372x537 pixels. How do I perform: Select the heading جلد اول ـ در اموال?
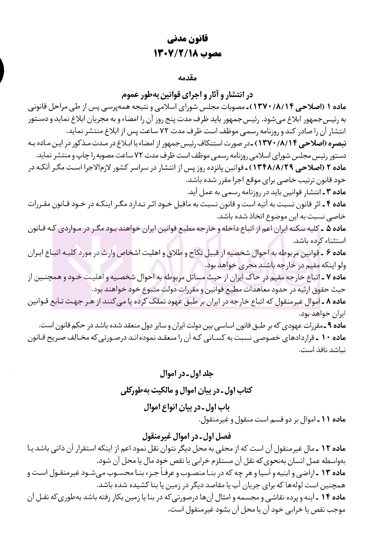tap(187, 374)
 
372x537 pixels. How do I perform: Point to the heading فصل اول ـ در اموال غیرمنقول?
tap(187, 436)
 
